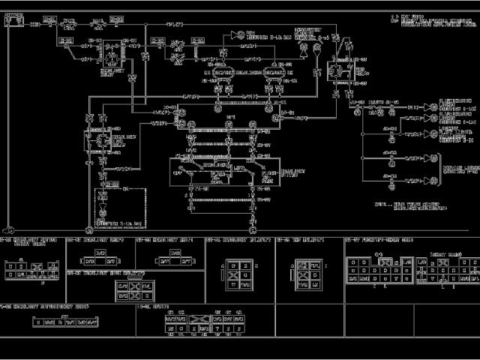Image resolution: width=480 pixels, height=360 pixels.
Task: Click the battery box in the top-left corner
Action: pos(13,20)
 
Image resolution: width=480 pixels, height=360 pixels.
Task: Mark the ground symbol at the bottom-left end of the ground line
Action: pos(9,229)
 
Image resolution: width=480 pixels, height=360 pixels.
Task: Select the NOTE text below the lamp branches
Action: pos(404,205)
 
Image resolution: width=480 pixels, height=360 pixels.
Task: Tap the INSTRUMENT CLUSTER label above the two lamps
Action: pos(309,33)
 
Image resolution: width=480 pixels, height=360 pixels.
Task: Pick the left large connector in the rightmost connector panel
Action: pos(376,270)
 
